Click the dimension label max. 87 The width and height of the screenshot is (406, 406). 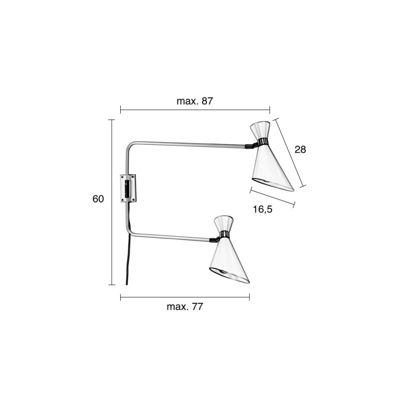coord(194,101)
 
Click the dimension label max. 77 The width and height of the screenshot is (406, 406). coord(185,307)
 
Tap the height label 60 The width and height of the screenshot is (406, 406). coord(98,199)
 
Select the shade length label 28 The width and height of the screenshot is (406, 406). coord(300,149)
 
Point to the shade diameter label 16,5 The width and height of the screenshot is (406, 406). coord(262,209)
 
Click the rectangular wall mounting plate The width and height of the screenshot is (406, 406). coord(129,188)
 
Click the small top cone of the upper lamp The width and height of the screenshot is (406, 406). coord(260,130)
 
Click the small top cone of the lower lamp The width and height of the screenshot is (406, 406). coord(224,223)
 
